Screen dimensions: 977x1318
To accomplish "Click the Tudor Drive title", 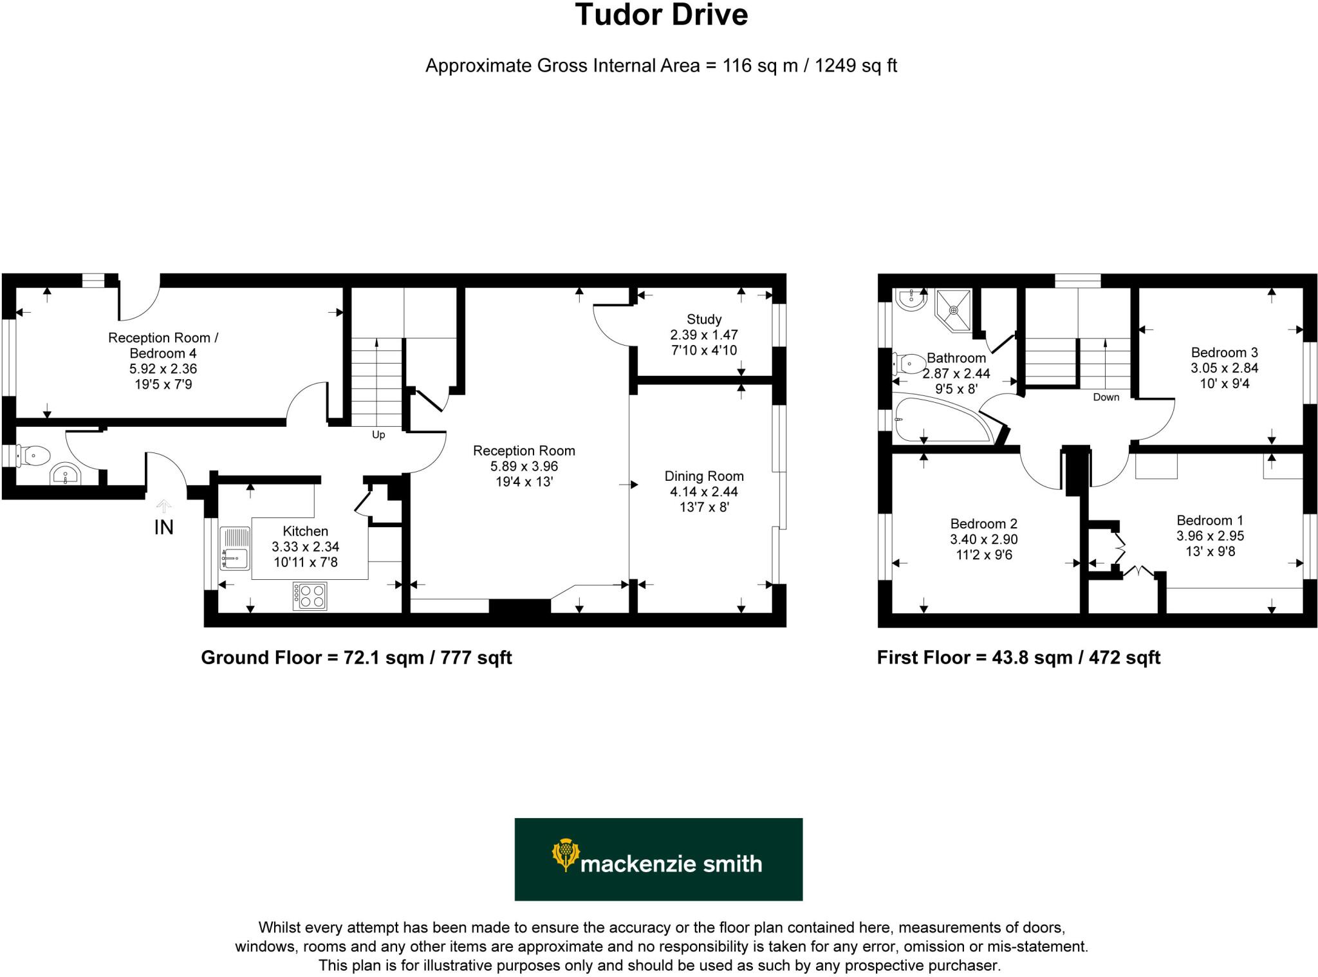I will [x=661, y=15].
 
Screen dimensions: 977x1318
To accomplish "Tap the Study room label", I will [x=703, y=319].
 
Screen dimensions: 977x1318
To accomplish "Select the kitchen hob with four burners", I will [x=310, y=595].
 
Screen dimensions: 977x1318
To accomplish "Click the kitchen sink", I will [x=235, y=548].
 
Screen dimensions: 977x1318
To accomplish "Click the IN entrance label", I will [x=163, y=528].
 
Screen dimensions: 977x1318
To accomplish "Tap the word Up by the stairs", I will [x=378, y=435].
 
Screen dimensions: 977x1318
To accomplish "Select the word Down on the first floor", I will [x=1106, y=397].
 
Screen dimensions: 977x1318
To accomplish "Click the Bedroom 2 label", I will [x=983, y=524].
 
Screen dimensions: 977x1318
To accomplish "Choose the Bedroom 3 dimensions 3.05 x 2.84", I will [x=1224, y=368].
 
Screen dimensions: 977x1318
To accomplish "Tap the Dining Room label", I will [x=703, y=476].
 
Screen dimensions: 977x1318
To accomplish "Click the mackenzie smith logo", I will [x=658, y=859].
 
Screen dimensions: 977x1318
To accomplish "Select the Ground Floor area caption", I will [x=356, y=658].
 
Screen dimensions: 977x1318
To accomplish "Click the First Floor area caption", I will [x=1018, y=658].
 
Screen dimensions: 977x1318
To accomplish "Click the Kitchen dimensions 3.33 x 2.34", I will [x=305, y=546].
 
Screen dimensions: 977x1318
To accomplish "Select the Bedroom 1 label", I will [x=1209, y=520].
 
